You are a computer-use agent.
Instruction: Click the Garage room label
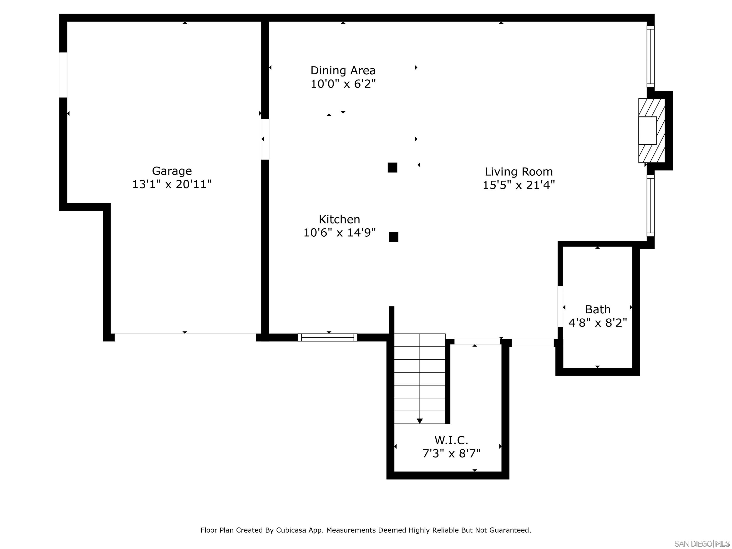pyautogui.click(x=172, y=171)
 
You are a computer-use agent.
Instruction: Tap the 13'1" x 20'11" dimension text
pyautogui.click(x=172, y=184)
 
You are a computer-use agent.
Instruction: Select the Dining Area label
pyautogui.click(x=343, y=71)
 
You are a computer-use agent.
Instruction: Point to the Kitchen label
pyautogui.click(x=339, y=219)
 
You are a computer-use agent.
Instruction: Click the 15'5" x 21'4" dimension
pyautogui.click(x=518, y=185)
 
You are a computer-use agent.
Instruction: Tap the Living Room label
pyautogui.click(x=518, y=172)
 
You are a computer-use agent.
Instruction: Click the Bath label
pyautogui.click(x=598, y=310)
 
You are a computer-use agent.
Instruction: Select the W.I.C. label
pyautogui.click(x=451, y=440)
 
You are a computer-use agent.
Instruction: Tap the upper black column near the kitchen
pyautogui.click(x=392, y=168)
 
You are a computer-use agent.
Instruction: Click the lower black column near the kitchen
pyautogui.click(x=393, y=237)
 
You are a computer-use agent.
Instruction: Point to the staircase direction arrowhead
pyautogui.click(x=420, y=421)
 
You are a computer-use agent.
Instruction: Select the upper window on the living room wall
pyautogui.click(x=650, y=56)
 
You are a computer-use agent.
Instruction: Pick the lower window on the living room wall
pyautogui.click(x=650, y=206)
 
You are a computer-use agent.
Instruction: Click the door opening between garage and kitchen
pyautogui.click(x=265, y=139)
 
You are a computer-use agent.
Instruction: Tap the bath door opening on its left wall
pyautogui.click(x=560, y=306)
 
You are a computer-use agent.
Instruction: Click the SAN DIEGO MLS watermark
pyautogui.click(x=701, y=544)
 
